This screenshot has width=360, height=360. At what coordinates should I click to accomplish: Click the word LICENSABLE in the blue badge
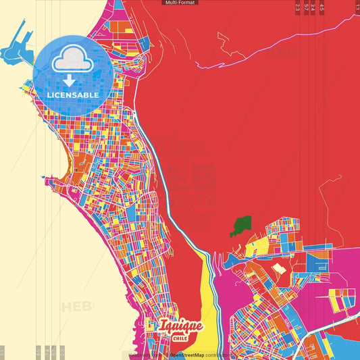[73, 95]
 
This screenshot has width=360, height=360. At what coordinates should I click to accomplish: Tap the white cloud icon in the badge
[72, 61]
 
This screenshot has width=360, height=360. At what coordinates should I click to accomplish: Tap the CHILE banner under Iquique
[181, 338]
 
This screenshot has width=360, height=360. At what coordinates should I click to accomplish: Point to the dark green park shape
[241, 226]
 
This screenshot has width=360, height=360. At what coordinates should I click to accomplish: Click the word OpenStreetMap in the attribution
[186, 355]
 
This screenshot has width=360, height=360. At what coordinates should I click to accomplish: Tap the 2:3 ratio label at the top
[298, 7]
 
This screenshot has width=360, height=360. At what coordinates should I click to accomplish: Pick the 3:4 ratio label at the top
[313, 7]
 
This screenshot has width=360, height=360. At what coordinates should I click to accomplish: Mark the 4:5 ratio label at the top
[322, 7]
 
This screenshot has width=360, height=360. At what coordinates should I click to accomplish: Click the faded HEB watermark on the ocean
[78, 307]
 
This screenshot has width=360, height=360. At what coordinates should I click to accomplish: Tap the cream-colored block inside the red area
[278, 271]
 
